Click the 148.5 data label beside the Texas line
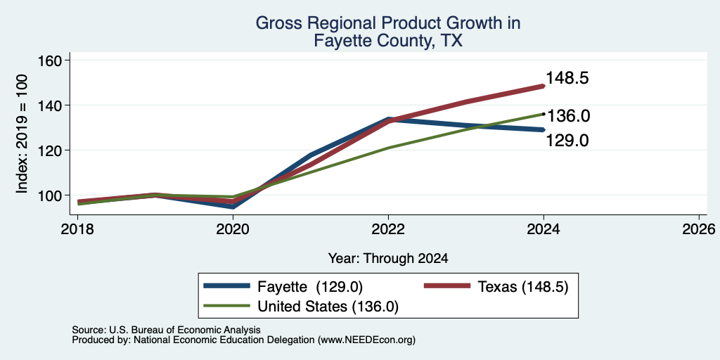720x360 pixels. click(567, 78)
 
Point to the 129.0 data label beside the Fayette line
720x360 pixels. click(567, 141)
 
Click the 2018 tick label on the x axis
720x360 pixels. click(78, 229)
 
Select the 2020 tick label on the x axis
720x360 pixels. click(233, 229)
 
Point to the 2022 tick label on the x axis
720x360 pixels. click(388, 229)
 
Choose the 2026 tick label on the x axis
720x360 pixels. click(699, 229)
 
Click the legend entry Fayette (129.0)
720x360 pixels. click(283, 287)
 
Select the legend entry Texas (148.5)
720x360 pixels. click(496, 287)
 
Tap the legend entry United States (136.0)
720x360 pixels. click(301, 307)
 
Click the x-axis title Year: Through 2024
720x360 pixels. click(388, 259)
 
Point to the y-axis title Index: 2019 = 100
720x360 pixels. click(22, 134)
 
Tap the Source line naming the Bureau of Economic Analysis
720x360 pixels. click(166, 330)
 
